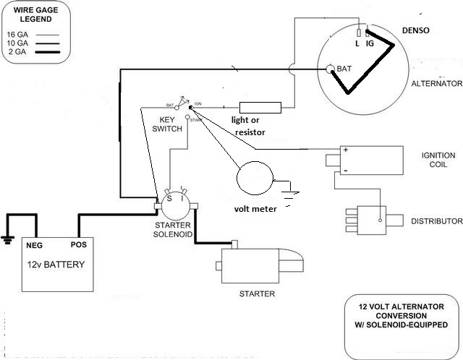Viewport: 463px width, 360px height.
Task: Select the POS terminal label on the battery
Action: tap(79, 245)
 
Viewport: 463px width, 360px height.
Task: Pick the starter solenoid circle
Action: tap(177, 205)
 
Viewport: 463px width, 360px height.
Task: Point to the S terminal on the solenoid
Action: tap(169, 196)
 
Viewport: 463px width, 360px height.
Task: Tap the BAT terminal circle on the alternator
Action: tap(331, 69)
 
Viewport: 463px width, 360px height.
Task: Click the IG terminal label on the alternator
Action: tap(369, 44)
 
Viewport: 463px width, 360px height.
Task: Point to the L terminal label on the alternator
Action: tap(357, 44)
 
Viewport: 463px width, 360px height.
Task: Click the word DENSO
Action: tap(415, 30)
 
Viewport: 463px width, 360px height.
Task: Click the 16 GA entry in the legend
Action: tap(18, 34)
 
